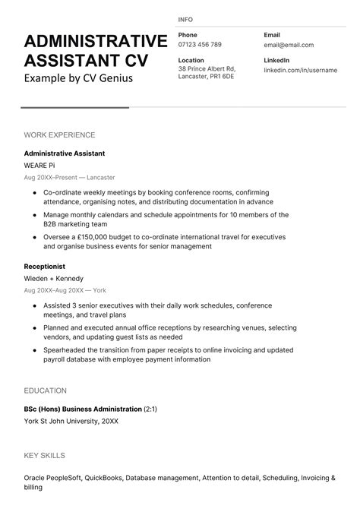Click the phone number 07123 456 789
click(200, 45)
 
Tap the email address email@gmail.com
click(289, 45)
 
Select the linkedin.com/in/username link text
click(299, 70)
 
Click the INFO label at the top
click(185, 19)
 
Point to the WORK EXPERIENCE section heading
click(59, 135)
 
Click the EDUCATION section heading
click(46, 390)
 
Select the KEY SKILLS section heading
click(45, 456)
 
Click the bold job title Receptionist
click(45, 267)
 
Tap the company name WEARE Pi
click(39, 165)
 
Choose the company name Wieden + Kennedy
click(53, 279)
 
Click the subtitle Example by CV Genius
click(78, 78)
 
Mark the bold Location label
click(191, 60)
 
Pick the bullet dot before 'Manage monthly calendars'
click(34, 215)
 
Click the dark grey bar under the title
click(74, 108)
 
